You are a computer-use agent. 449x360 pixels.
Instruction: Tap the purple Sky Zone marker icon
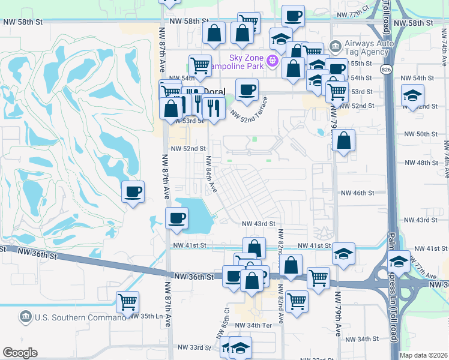coord(273,60)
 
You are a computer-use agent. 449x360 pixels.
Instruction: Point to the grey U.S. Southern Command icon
coord(25,316)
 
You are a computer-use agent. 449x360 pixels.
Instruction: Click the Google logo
coord(20,353)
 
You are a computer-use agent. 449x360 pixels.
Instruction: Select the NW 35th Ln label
coord(146,316)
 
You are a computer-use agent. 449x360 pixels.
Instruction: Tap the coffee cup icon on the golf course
coord(133,191)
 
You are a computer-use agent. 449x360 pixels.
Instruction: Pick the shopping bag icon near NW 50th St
coord(343,141)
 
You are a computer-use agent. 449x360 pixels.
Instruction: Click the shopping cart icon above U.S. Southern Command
coord(127,301)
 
